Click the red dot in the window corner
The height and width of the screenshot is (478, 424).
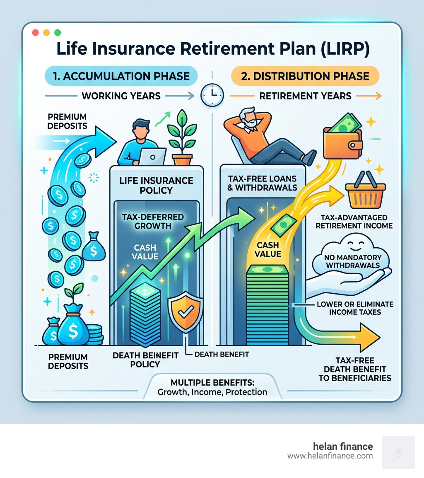pos(35,32)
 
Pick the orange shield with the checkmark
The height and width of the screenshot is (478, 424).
pos(184,314)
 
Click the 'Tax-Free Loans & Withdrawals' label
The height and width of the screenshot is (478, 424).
pos(263,182)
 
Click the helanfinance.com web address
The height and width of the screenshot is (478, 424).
pos(330,456)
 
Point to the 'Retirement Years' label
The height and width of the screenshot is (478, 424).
pos(305,96)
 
